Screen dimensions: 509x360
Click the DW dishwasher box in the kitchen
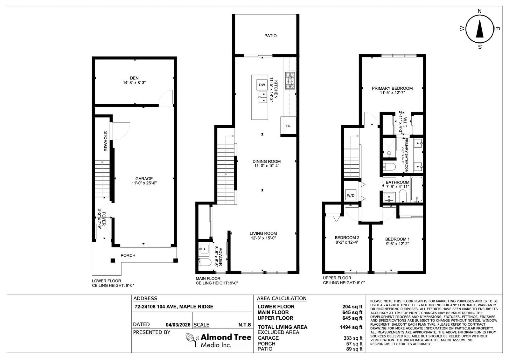pyautogui.click(x=262, y=85)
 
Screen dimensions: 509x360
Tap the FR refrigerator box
pyautogui.click(x=288, y=126)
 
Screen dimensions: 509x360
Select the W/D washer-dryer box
pyautogui.click(x=351, y=195)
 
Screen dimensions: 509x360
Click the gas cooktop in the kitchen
pyautogui.click(x=290, y=81)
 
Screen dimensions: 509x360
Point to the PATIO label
pyautogui.click(x=270, y=36)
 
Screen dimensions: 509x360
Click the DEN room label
pyautogui.click(x=134, y=78)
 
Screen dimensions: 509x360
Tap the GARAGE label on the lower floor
pyautogui.click(x=144, y=179)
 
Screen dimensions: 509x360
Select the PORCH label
pyautogui.click(x=128, y=255)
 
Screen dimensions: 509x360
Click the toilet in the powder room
pyautogui.click(x=205, y=262)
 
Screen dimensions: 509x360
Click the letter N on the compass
pyautogui.click(x=480, y=11)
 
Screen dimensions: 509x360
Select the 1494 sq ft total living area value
pyautogui.click(x=351, y=327)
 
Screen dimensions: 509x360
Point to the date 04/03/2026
pyautogui.click(x=178, y=325)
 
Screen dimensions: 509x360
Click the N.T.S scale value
pyautogui.click(x=245, y=325)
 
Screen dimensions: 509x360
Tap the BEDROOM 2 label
pyautogui.click(x=347, y=238)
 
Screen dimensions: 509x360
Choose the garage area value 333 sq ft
pyautogui.click(x=353, y=338)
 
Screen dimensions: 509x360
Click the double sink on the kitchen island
pyautogui.click(x=263, y=97)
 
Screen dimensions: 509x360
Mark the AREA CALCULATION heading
pyautogui.click(x=282, y=298)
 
